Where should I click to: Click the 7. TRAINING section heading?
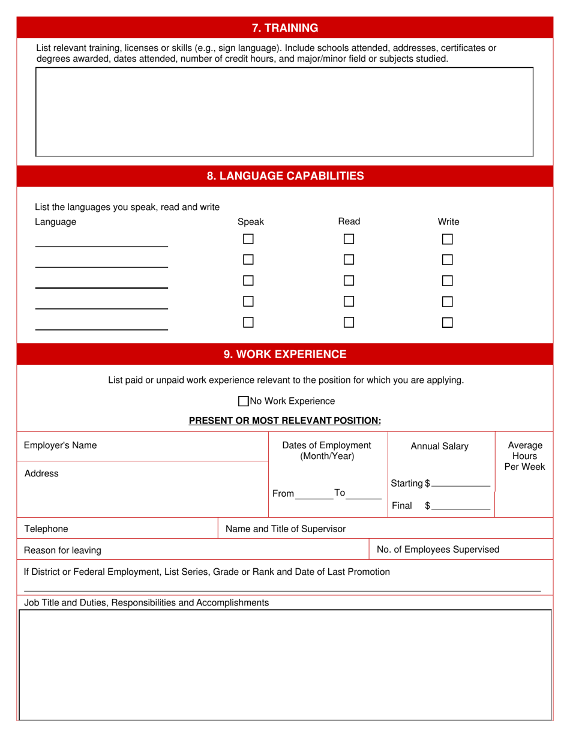tap(284, 28)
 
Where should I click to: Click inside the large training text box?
tap(284, 112)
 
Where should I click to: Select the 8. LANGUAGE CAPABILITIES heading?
tap(284, 176)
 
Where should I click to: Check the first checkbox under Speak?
tap(248, 239)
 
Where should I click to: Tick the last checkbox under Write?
tap(447, 322)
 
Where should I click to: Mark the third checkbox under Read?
tap(349, 280)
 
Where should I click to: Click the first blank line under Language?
tap(101, 242)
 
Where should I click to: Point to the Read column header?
tap(349, 221)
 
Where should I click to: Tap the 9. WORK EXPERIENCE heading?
tap(284, 354)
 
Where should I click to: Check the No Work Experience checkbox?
tap(243, 401)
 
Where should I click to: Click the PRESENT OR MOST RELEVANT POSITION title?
tap(284, 421)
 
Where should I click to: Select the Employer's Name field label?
tap(60, 445)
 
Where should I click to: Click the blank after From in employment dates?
tap(314, 495)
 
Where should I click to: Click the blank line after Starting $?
tap(460, 484)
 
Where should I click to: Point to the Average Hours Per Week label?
tap(524, 455)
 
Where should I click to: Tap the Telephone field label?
tap(46, 529)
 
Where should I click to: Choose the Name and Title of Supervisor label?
tap(285, 529)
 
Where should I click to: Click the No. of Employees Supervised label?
tap(437, 549)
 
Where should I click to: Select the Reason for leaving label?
tap(62, 550)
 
